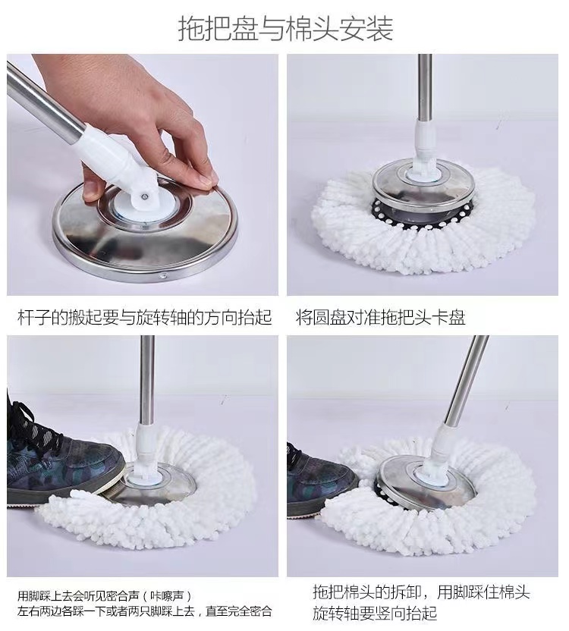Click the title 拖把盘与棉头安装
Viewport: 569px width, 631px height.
(285, 28)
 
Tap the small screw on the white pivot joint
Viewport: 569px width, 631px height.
(143, 196)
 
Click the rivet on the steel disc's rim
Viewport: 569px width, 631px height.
(163, 276)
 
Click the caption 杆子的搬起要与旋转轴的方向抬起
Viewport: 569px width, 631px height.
(145, 318)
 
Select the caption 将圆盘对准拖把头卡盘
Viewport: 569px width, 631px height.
(381, 318)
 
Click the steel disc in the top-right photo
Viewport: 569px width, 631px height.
(423, 185)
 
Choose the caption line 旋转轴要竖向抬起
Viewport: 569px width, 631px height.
(375, 613)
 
